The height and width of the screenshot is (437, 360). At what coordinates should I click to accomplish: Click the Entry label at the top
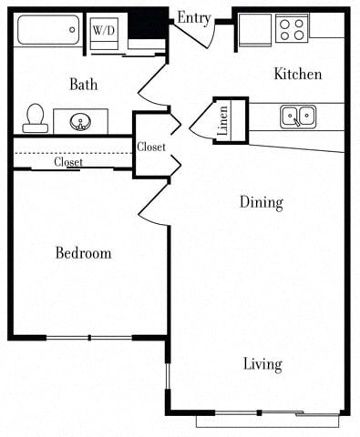[x=194, y=17]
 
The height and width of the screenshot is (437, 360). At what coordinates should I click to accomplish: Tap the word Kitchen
[x=298, y=74]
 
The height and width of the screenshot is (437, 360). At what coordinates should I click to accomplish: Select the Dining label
[x=261, y=202]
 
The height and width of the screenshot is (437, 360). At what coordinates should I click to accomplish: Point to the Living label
[x=262, y=364]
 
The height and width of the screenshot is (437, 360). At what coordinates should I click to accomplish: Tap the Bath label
[x=84, y=85]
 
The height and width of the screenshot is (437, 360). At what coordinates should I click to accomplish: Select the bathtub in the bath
[x=48, y=29]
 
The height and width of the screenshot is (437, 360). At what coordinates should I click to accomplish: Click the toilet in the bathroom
[x=36, y=117]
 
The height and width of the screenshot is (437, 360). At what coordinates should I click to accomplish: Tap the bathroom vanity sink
[x=80, y=120]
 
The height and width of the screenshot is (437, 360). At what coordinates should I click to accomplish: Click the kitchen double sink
[x=297, y=116]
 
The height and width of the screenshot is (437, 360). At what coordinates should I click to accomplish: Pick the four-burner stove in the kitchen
[x=292, y=28]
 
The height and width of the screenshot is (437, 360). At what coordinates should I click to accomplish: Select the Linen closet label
[x=224, y=120]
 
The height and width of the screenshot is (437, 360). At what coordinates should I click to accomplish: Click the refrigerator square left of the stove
[x=255, y=29]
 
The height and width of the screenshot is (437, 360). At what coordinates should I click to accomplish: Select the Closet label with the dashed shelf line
[x=68, y=162]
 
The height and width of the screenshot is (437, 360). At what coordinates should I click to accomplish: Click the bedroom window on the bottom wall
[x=89, y=338]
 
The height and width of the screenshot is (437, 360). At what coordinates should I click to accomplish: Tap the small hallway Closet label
[x=151, y=147]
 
